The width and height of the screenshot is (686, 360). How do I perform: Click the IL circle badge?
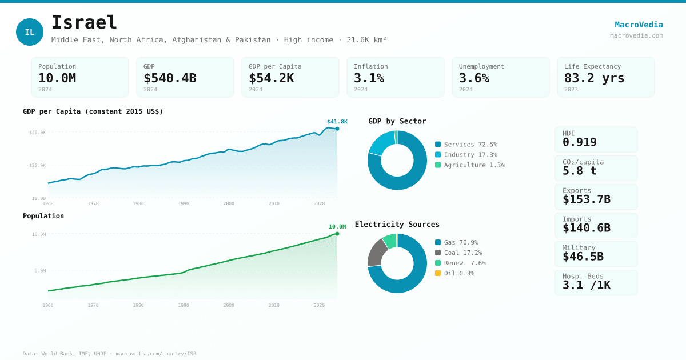pyautogui.click(x=30, y=32)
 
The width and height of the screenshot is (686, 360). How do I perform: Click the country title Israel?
pyautogui.click(x=84, y=23)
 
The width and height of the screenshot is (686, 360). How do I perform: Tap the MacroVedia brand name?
pyautogui.click(x=639, y=25)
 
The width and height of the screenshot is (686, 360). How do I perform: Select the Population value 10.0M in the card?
pyautogui.click(x=57, y=78)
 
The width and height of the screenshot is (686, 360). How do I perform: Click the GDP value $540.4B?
pyautogui.click(x=170, y=78)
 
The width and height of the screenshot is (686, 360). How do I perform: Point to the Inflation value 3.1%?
pyautogui.click(x=369, y=78)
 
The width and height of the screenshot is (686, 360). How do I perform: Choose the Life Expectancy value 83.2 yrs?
pyautogui.click(x=594, y=78)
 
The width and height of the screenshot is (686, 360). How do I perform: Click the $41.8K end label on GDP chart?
pyautogui.click(x=337, y=122)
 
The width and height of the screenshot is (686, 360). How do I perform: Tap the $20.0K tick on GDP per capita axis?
pyautogui.click(x=38, y=165)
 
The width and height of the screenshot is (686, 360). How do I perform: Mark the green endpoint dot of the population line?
pyautogui.click(x=337, y=234)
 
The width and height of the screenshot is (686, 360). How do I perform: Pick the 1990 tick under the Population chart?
pyautogui.click(x=184, y=305)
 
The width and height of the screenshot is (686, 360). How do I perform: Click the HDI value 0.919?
pyautogui.click(x=580, y=142)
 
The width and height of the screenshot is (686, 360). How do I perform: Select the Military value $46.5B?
pyautogui.click(x=583, y=257)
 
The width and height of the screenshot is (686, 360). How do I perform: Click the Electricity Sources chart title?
pyautogui.click(x=397, y=225)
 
